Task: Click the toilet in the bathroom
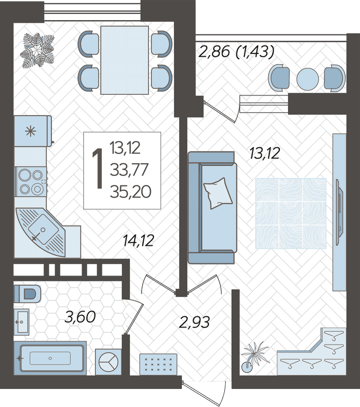tap(27, 294)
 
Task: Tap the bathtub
tap(50, 358)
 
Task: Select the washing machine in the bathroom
tap(109, 362)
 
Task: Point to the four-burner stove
tap(31, 181)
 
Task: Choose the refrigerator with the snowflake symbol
tap(33, 131)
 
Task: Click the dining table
tap(125, 60)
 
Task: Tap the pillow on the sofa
tap(218, 193)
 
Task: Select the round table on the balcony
tap(308, 79)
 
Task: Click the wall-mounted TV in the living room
tap(340, 212)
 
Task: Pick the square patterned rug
tap(291, 214)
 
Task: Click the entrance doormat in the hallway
tap(158, 364)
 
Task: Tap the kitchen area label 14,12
tap(138, 241)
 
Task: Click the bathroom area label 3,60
tap(80, 317)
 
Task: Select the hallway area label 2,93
tap(194, 322)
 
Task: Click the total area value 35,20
tap(130, 192)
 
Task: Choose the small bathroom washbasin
tap(21, 322)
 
